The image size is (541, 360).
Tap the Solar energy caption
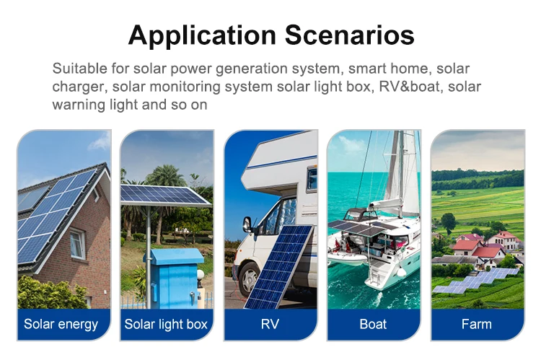click(x=61, y=324)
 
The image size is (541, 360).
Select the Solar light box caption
click(x=166, y=324)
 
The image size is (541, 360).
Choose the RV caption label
click(x=270, y=324)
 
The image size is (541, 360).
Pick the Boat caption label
click(x=373, y=324)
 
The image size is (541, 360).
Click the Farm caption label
click(x=477, y=324)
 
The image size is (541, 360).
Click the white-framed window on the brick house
click(x=76, y=245)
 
